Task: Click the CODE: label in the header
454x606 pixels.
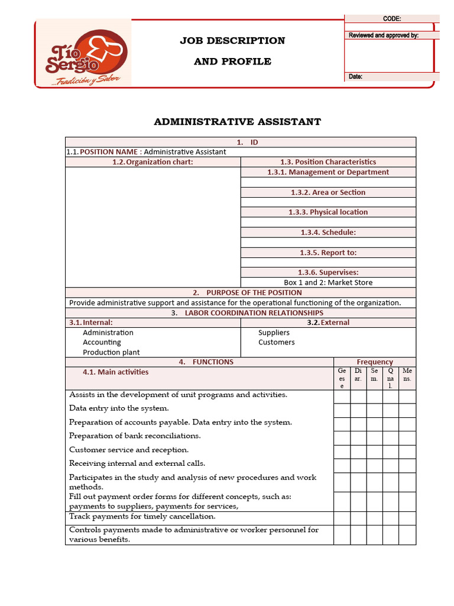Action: coord(392,19)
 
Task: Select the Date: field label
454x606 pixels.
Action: coord(356,76)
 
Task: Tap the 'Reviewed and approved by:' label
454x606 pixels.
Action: coord(384,36)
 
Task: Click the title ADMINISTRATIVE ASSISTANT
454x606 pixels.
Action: coord(238,122)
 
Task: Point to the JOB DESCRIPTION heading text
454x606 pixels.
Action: coord(232,41)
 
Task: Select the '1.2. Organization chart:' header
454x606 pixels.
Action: coord(153,162)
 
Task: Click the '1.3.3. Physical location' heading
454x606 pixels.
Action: coord(328,212)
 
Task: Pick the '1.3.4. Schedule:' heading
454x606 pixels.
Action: coord(328,233)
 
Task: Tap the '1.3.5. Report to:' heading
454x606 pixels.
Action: coord(328,253)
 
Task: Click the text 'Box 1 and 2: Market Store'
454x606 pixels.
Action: coord(328,282)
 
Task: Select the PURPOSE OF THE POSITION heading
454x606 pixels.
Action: coord(254,292)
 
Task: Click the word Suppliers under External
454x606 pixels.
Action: coord(274,333)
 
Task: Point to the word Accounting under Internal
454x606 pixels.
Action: coord(102,342)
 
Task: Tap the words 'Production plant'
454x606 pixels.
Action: coord(111,352)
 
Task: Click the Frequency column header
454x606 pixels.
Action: coord(375,362)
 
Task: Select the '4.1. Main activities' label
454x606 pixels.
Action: coord(115,372)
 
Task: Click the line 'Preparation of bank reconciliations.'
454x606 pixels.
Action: coord(135,436)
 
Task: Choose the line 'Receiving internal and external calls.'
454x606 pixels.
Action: coord(137,463)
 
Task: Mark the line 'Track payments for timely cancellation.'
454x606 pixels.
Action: coord(142,517)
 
